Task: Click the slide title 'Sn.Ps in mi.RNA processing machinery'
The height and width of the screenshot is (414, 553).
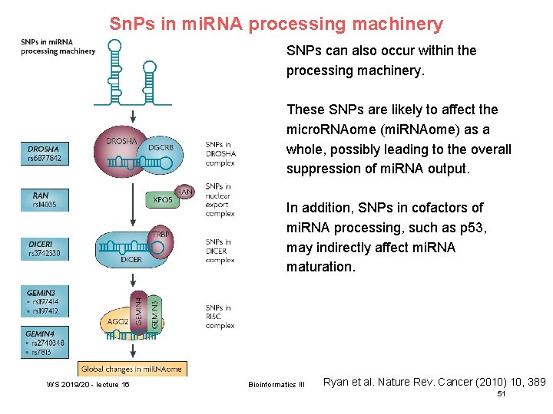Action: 276,24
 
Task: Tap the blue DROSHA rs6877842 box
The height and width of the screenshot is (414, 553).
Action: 44,153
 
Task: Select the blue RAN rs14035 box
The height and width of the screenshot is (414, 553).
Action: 44,200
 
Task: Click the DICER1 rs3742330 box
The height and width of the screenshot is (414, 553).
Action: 44,248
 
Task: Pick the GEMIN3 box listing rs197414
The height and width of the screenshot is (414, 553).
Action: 44,301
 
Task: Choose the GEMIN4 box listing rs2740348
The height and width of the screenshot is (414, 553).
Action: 44,343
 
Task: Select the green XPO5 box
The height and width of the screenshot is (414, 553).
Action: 162,199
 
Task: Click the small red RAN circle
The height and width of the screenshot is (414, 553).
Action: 184,191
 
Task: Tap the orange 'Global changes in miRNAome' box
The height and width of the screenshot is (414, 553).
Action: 132,369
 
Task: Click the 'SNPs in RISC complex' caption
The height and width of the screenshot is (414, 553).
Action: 220,316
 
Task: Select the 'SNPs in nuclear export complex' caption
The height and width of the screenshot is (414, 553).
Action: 220,200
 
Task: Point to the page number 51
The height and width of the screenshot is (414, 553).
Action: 502,393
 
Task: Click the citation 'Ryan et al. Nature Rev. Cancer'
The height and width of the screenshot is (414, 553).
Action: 434,381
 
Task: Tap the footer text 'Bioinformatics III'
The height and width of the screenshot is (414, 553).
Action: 276,384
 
